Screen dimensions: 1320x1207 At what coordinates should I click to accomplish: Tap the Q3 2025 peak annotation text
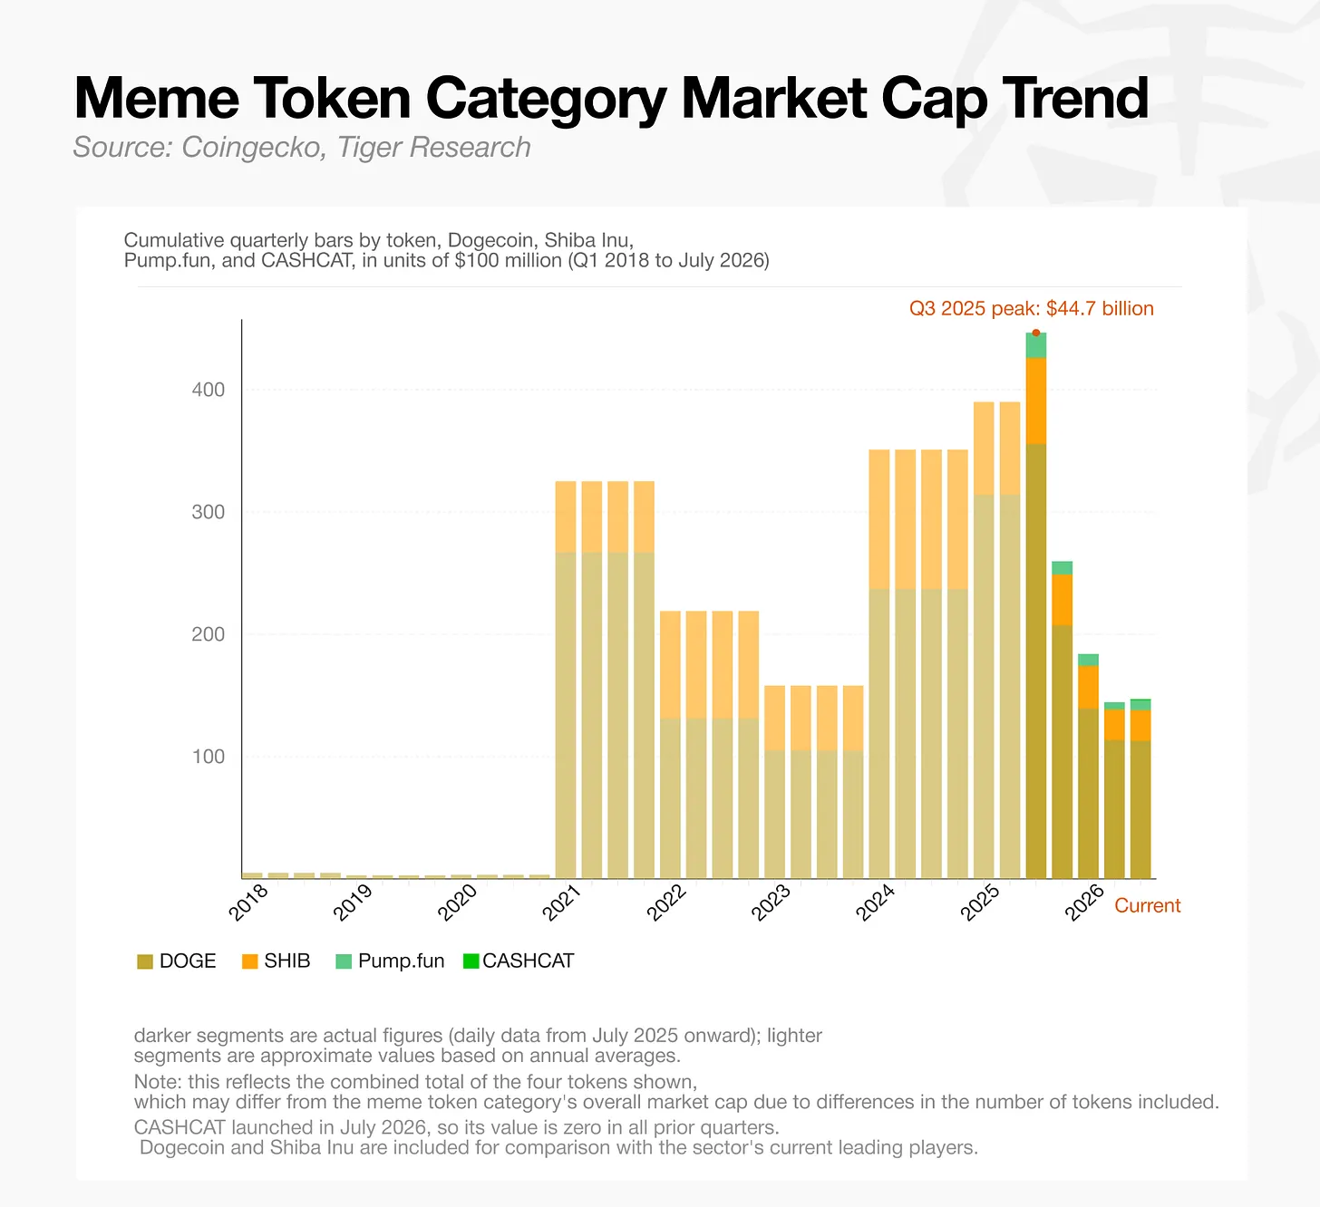(1031, 308)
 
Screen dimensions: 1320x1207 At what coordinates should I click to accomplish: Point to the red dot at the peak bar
(1035, 333)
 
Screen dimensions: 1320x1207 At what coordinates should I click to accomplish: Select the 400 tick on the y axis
(208, 390)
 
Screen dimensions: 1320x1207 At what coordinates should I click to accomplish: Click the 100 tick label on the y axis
(208, 757)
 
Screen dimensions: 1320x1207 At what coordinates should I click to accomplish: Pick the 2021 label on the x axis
(561, 903)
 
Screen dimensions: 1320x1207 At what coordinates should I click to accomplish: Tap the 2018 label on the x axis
(248, 903)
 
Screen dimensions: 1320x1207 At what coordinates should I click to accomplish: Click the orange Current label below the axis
(1147, 906)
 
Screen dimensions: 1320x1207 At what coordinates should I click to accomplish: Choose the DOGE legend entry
(177, 961)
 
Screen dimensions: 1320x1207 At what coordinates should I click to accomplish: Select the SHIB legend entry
(276, 961)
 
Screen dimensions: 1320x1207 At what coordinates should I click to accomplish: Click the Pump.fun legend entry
(390, 961)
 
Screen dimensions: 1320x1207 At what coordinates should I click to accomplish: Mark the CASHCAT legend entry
(519, 961)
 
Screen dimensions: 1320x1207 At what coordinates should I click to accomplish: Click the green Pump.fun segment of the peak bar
(1035, 345)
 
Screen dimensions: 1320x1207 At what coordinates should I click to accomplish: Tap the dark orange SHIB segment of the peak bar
(1035, 401)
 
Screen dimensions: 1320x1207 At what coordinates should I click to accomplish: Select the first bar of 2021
(565, 680)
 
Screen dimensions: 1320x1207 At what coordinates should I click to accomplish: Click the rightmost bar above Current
(1140, 788)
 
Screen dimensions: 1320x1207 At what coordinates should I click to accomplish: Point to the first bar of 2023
(774, 782)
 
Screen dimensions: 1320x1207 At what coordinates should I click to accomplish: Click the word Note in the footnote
(157, 1082)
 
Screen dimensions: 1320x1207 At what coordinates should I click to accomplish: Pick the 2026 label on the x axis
(1083, 903)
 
